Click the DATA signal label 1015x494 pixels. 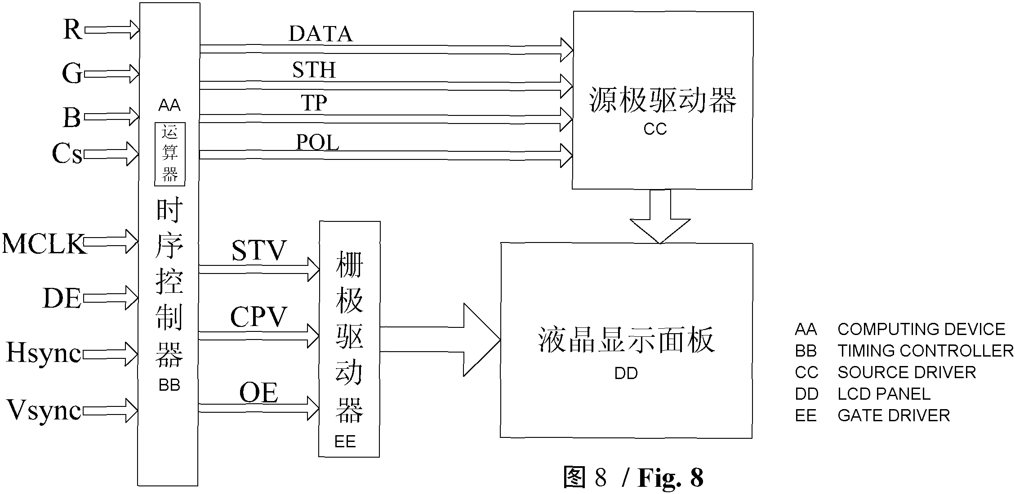tap(321, 34)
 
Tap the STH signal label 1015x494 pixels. tap(314, 70)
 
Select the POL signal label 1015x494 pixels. tap(317, 143)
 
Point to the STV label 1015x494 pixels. tap(259, 251)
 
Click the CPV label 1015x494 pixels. tap(258, 317)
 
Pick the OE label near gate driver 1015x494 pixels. tap(258, 393)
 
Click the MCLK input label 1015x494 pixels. tap(44, 244)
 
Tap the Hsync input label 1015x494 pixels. tap(44, 353)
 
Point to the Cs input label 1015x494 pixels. tap(67, 154)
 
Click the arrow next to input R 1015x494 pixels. tap(112, 30)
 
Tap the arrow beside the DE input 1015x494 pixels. tap(111, 298)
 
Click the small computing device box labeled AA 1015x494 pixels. tap(170, 154)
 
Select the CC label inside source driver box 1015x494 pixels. tap(655, 129)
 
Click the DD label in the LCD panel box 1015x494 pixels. tap(626, 373)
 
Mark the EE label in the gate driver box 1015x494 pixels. tap(345, 442)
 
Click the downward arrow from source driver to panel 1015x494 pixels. tap(660, 216)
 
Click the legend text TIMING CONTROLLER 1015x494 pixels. tap(925, 351)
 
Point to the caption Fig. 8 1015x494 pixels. tap(670, 478)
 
